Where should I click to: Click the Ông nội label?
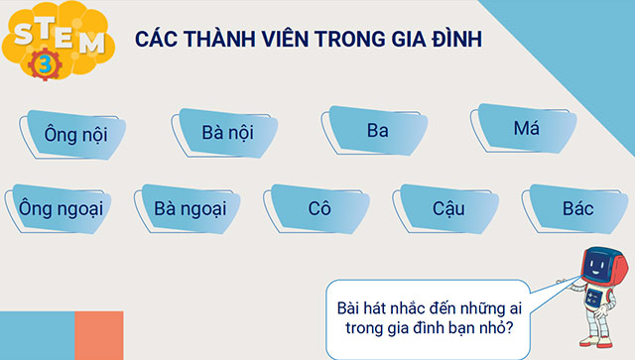75,131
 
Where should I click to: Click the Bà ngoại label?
191,208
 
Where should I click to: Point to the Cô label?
318,208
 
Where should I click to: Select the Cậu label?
448,208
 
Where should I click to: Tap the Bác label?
576,208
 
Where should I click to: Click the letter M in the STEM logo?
89,44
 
